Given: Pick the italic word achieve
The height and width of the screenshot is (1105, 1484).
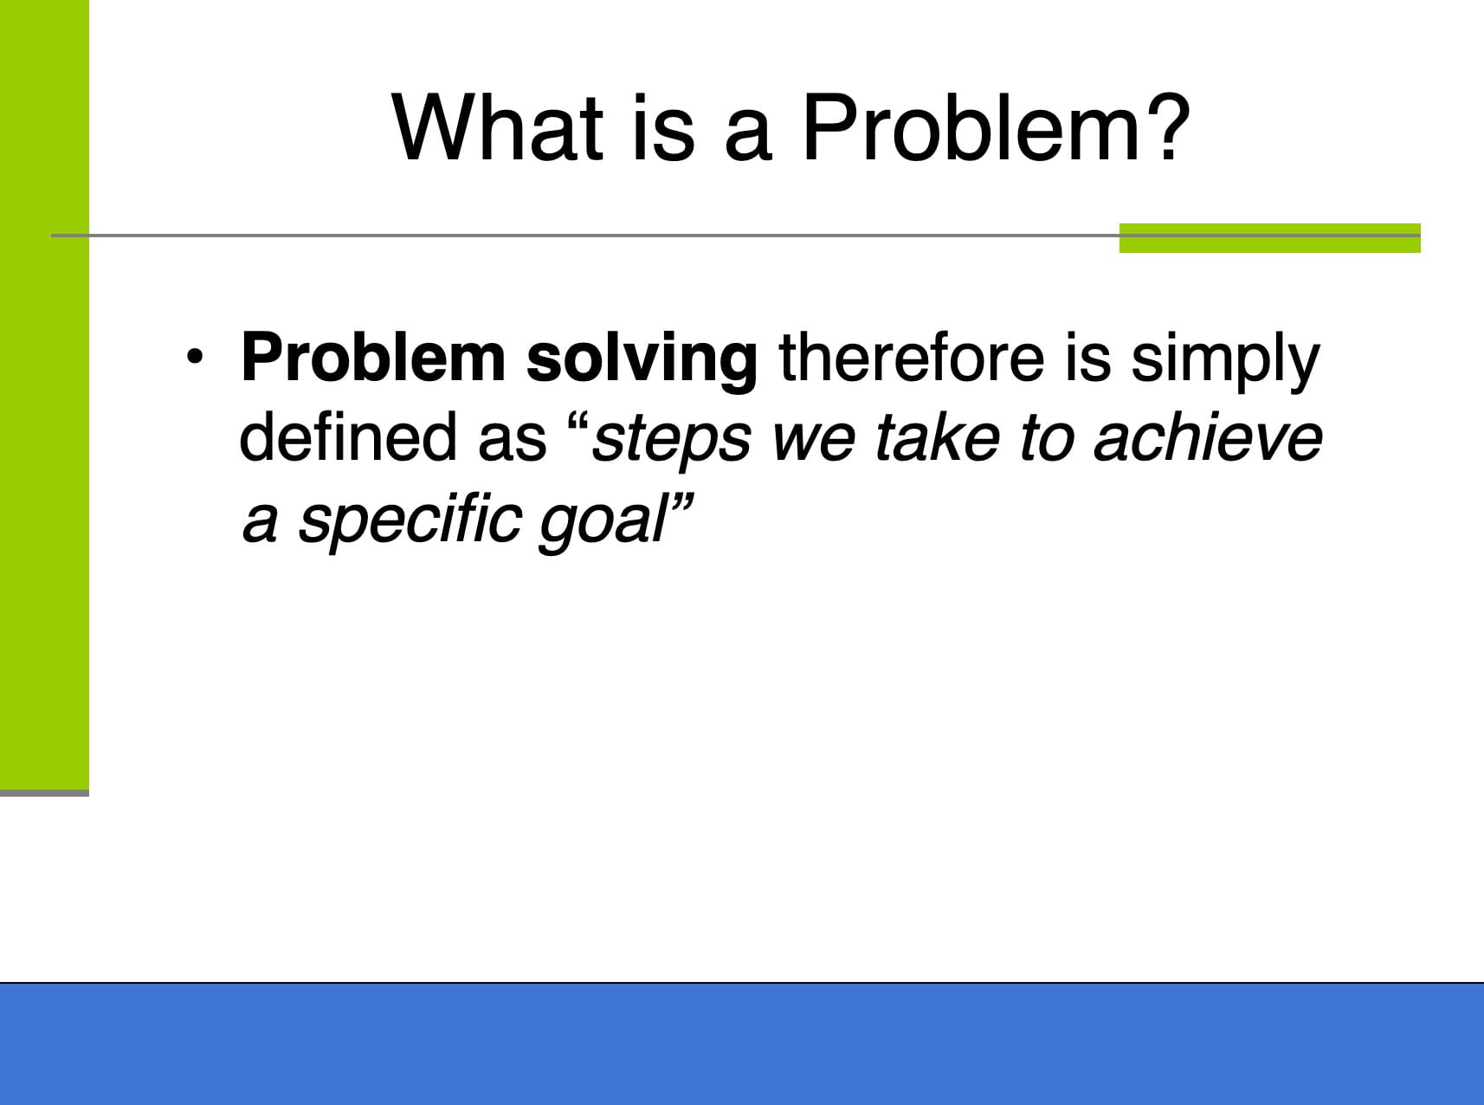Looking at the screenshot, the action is coord(1209,436).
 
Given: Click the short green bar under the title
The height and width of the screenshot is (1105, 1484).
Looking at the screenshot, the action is coord(1269,238).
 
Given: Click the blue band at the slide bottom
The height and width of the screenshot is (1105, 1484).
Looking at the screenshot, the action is coord(742,1044).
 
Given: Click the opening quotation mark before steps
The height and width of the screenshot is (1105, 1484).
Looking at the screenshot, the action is coord(578,423).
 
